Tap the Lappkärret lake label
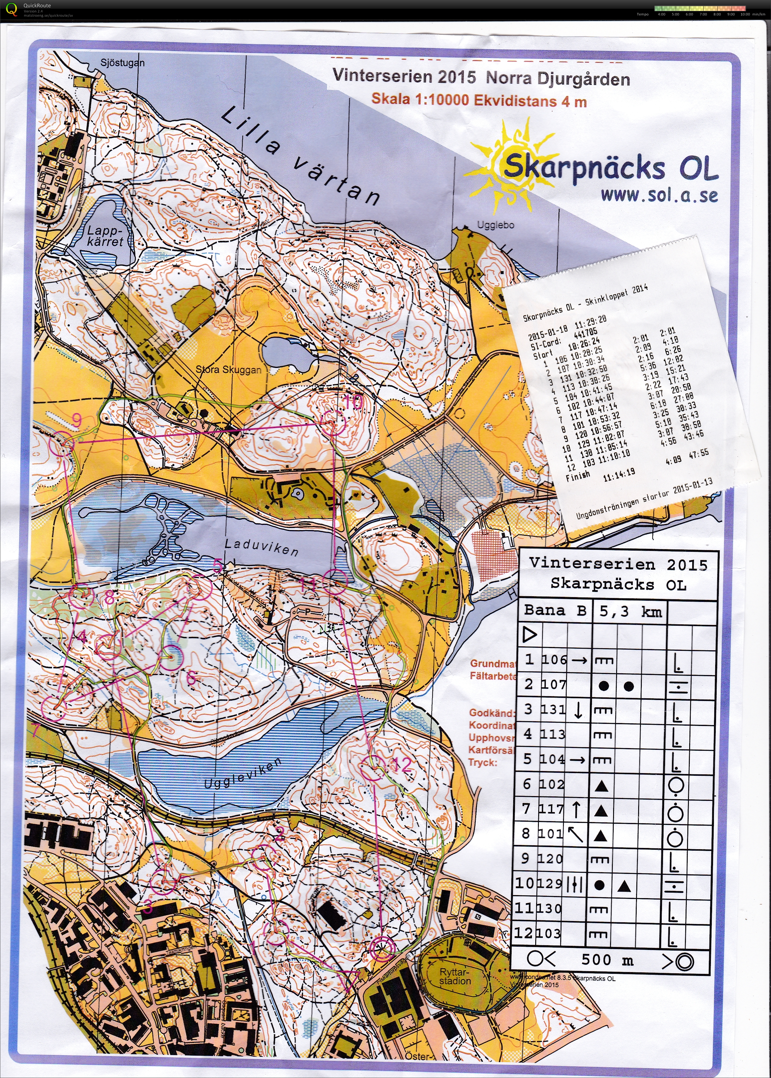[x=105, y=236]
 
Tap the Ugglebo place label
[x=495, y=225]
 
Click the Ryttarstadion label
[x=455, y=976]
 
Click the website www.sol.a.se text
[x=659, y=195]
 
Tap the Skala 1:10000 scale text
[x=478, y=100]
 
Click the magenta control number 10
[x=353, y=402]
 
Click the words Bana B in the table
[x=555, y=610]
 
